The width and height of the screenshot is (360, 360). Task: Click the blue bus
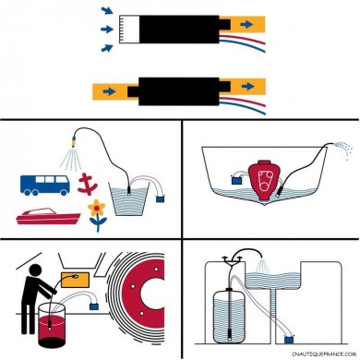[x=45, y=185]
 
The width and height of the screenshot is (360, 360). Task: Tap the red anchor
[x=87, y=185]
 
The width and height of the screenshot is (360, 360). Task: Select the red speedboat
[x=48, y=216]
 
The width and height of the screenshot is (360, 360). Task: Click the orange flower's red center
[x=97, y=209]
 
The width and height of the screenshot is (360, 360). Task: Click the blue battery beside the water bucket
[x=160, y=198]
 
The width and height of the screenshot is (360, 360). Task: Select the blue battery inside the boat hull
[x=236, y=180]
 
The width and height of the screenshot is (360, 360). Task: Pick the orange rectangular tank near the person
[x=76, y=280]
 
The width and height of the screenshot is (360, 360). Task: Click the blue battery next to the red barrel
[x=94, y=306]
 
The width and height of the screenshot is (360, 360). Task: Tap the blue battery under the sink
[x=289, y=340]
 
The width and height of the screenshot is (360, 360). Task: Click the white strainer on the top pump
[x=129, y=29]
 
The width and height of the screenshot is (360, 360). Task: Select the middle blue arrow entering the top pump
[x=107, y=30]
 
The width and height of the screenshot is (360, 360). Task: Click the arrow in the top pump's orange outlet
[x=246, y=24]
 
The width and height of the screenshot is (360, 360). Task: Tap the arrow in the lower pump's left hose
[x=109, y=91]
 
